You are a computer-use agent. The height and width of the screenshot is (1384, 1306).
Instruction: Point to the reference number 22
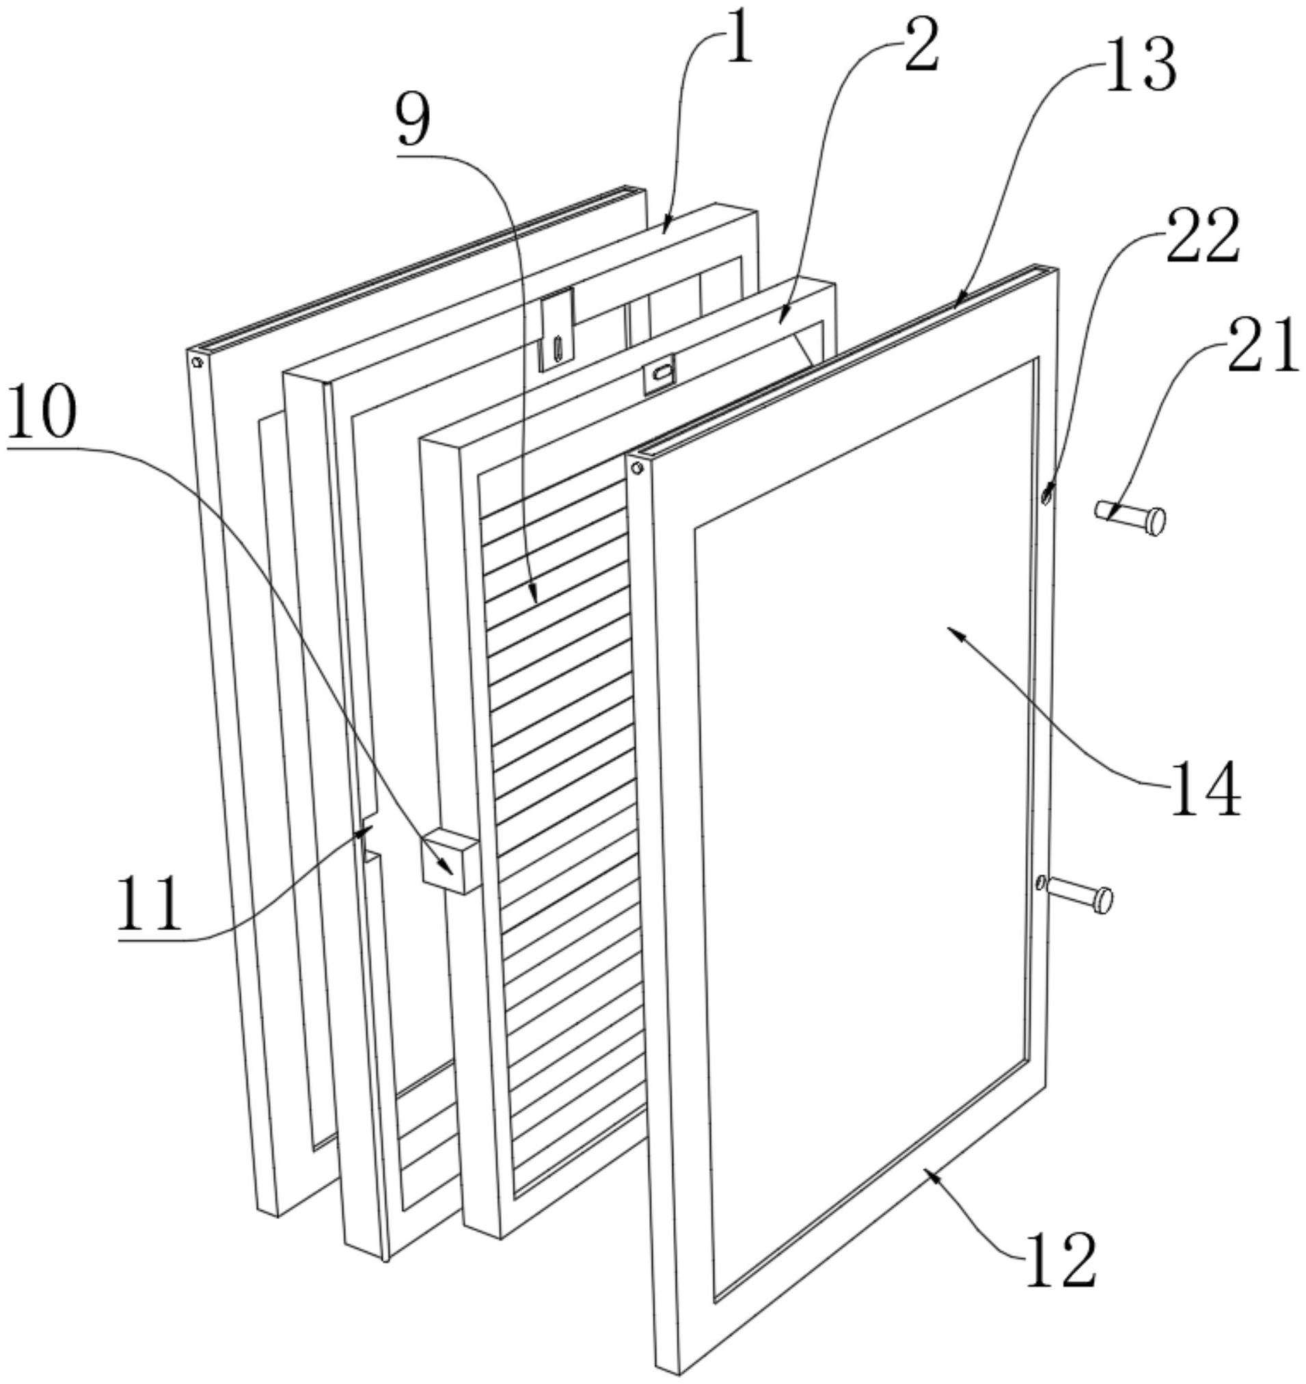pos(1202,236)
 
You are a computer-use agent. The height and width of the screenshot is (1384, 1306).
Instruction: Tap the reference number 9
pos(413,120)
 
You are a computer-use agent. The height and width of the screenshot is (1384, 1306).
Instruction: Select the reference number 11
pos(149,904)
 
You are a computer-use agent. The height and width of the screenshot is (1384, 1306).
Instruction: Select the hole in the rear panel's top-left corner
pos(197,362)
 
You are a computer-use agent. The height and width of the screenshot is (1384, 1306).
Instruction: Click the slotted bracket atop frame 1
pos(558,329)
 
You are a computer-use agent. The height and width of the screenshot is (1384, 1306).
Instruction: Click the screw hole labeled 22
pos(1046,496)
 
